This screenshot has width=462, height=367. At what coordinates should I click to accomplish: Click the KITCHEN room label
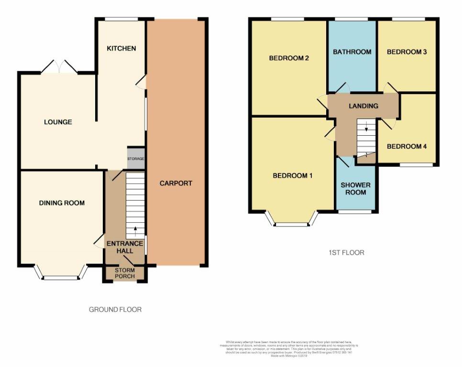[x=121, y=48]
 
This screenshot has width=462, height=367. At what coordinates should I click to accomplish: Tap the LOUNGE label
[x=58, y=122]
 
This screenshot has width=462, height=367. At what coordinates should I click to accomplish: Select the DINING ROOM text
[x=62, y=203]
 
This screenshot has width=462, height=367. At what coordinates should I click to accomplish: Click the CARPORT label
[x=176, y=183]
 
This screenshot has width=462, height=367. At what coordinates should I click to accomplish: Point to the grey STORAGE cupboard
[x=135, y=158]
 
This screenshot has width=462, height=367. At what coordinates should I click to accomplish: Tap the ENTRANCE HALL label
[x=125, y=247]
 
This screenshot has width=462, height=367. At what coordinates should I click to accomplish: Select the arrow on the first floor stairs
[x=366, y=127]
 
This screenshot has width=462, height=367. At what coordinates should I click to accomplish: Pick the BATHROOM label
[x=352, y=52]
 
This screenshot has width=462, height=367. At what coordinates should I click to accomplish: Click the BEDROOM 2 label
[x=288, y=58]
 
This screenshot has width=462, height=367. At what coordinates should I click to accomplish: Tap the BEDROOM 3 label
[x=407, y=52]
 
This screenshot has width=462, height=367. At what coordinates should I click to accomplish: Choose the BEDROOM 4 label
[x=407, y=147]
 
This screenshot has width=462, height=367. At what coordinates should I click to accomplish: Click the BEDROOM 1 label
[x=292, y=176]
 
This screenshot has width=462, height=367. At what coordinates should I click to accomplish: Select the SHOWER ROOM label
[x=356, y=188]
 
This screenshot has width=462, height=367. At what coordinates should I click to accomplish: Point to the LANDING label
[x=363, y=106]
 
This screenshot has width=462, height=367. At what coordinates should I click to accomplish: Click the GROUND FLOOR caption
[x=115, y=310]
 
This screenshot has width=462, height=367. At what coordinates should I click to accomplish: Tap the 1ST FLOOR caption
[x=343, y=252]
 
